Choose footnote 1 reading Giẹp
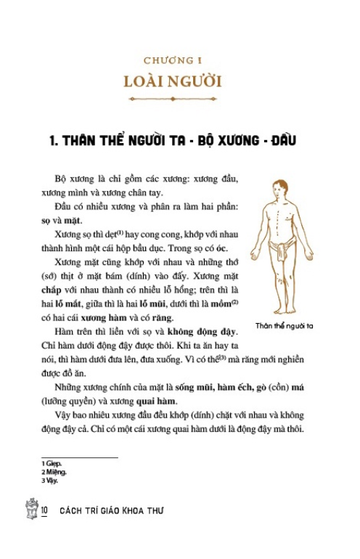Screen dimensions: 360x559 (52, 463)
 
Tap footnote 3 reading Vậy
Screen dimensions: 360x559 (50, 479)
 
